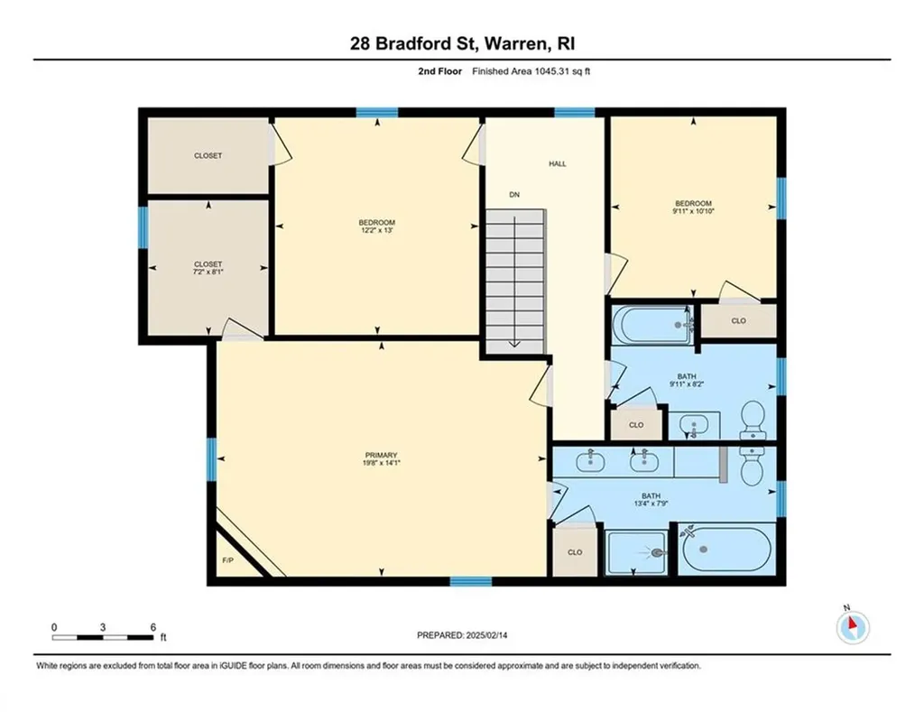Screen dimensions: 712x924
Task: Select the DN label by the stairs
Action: (x=514, y=194)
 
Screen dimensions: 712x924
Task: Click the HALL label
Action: (x=557, y=164)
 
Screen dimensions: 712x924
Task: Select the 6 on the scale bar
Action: (x=153, y=627)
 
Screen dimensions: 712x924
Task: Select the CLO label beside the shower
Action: (x=574, y=551)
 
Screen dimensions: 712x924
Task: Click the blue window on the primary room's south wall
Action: (x=470, y=581)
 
